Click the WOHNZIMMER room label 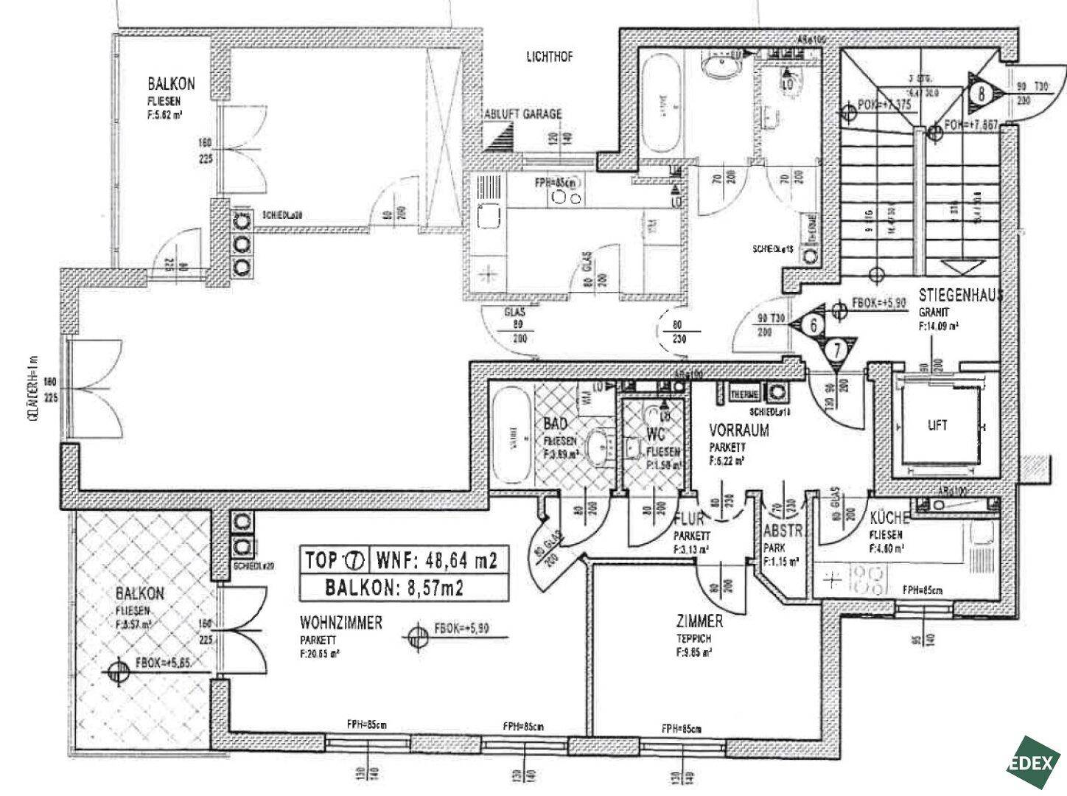(340, 623)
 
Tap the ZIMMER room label (701, 621)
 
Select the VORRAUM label (739, 430)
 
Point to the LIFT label (937, 425)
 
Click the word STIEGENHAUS (961, 296)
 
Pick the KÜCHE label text (889, 517)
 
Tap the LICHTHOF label (550, 57)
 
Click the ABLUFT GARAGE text (522, 114)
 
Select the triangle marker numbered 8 (982, 93)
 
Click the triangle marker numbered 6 (813, 323)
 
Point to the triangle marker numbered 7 (837, 349)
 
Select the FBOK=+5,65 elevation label (163, 663)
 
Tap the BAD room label (554, 424)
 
